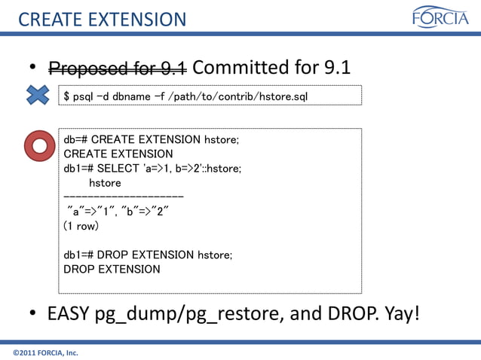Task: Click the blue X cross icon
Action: (x=36, y=95)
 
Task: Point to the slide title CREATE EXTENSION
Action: (x=101, y=19)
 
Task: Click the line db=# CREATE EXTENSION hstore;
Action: (x=151, y=139)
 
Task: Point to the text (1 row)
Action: (x=81, y=225)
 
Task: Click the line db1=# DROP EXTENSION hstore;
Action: (x=148, y=255)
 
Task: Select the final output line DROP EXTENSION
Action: (x=112, y=269)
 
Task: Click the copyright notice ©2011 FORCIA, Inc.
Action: (x=46, y=352)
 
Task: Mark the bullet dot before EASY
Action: (x=34, y=313)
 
